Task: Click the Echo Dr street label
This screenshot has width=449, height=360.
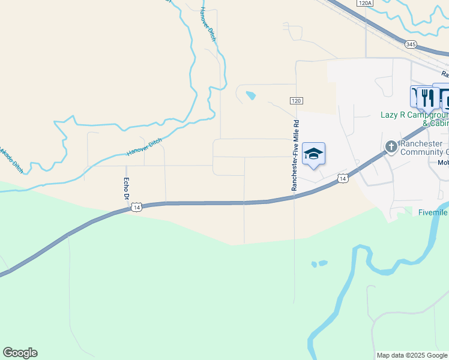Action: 127,188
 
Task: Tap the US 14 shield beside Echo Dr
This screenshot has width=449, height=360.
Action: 137,207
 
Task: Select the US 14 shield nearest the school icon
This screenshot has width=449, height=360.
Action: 342,179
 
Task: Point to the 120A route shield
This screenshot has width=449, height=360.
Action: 364,3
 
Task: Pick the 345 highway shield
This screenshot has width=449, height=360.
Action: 411,44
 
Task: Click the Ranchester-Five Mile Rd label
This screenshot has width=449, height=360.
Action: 295,155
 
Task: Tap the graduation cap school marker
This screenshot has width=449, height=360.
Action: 313,155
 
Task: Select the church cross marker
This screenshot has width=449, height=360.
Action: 391,146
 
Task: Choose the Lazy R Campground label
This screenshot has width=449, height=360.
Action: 415,115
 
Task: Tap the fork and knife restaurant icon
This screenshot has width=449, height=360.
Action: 427,97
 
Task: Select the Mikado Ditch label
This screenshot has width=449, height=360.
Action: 12,158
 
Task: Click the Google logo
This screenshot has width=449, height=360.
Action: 20,353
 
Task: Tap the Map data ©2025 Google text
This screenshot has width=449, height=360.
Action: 412,355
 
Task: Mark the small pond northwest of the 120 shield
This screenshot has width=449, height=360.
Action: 250,95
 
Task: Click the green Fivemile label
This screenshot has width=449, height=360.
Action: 433,212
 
